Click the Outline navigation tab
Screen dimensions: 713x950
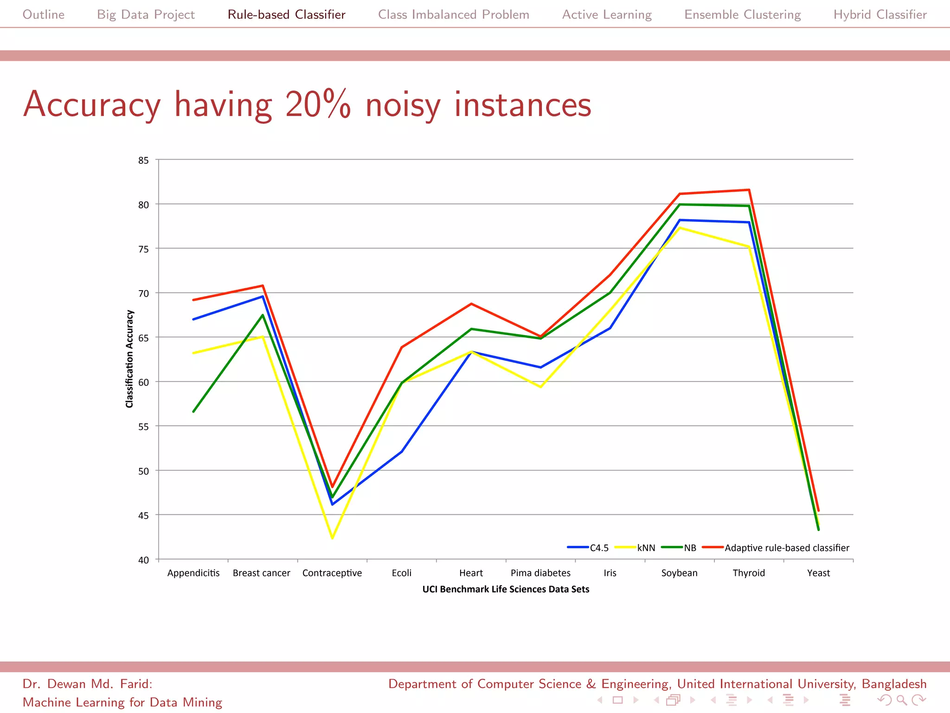pos(44,14)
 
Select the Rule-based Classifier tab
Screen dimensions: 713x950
pos(286,14)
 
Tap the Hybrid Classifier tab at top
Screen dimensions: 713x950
pos(879,14)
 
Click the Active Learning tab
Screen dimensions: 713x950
pos(607,14)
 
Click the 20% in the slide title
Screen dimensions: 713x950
pos(318,104)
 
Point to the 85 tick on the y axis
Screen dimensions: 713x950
pos(143,161)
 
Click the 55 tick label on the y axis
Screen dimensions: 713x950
pos(143,427)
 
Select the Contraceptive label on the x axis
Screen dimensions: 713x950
pos(332,573)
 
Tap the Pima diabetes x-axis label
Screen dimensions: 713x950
pos(540,573)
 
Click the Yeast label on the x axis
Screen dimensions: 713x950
pos(818,573)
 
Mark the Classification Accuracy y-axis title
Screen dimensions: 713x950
pos(129,359)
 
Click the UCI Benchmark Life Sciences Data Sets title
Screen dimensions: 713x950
pos(506,589)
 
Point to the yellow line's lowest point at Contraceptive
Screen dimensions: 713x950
pos(332,538)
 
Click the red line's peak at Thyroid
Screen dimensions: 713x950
pos(749,190)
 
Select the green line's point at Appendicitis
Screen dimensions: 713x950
pos(193,411)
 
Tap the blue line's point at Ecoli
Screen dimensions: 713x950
pos(401,451)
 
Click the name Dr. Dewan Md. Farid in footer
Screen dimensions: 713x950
pos(87,684)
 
